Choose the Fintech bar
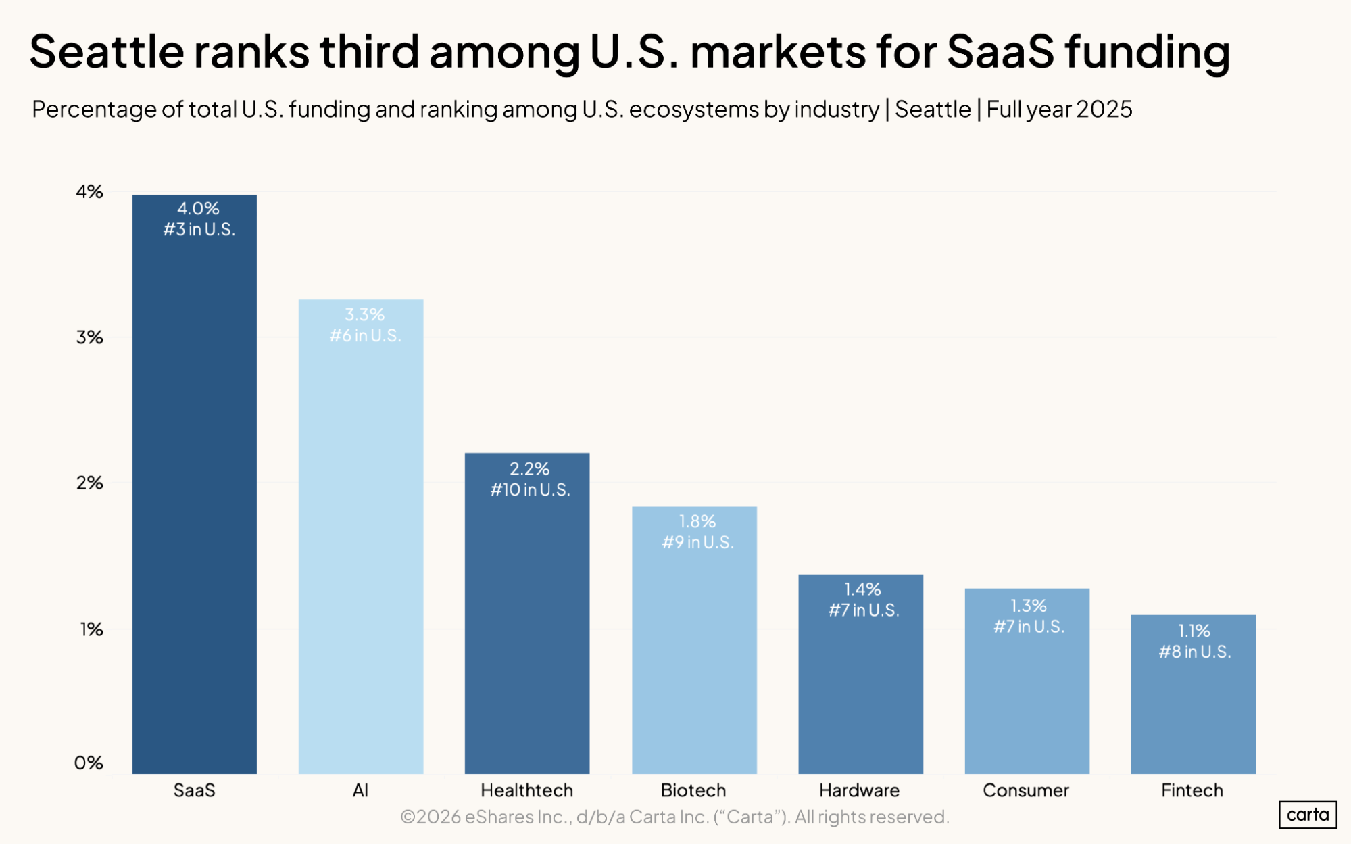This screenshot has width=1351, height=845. (x=1193, y=710)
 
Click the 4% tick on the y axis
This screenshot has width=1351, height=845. (x=89, y=192)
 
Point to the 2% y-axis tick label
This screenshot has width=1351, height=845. (x=89, y=483)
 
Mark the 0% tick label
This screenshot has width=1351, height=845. (x=89, y=763)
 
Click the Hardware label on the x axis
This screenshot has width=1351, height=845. (x=859, y=790)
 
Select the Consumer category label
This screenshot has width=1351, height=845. (x=1025, y=790)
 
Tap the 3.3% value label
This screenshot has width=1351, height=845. (x=364, y=315)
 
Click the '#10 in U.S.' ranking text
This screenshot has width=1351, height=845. (x=530, y=490)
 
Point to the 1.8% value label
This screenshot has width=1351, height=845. (x=697, y=522)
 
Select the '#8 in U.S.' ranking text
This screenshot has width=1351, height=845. (x=1194, y=652)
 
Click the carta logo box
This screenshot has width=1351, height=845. (x=1307, y=815)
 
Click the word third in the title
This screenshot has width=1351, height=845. (x=369, y=51)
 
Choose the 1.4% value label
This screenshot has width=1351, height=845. (x=862, y=589)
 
